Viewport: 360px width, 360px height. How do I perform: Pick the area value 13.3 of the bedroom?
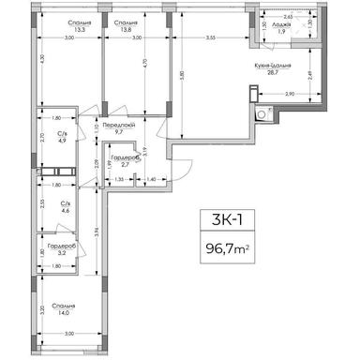(67, 30)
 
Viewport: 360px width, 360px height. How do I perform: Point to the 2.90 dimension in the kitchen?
(290, 96)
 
